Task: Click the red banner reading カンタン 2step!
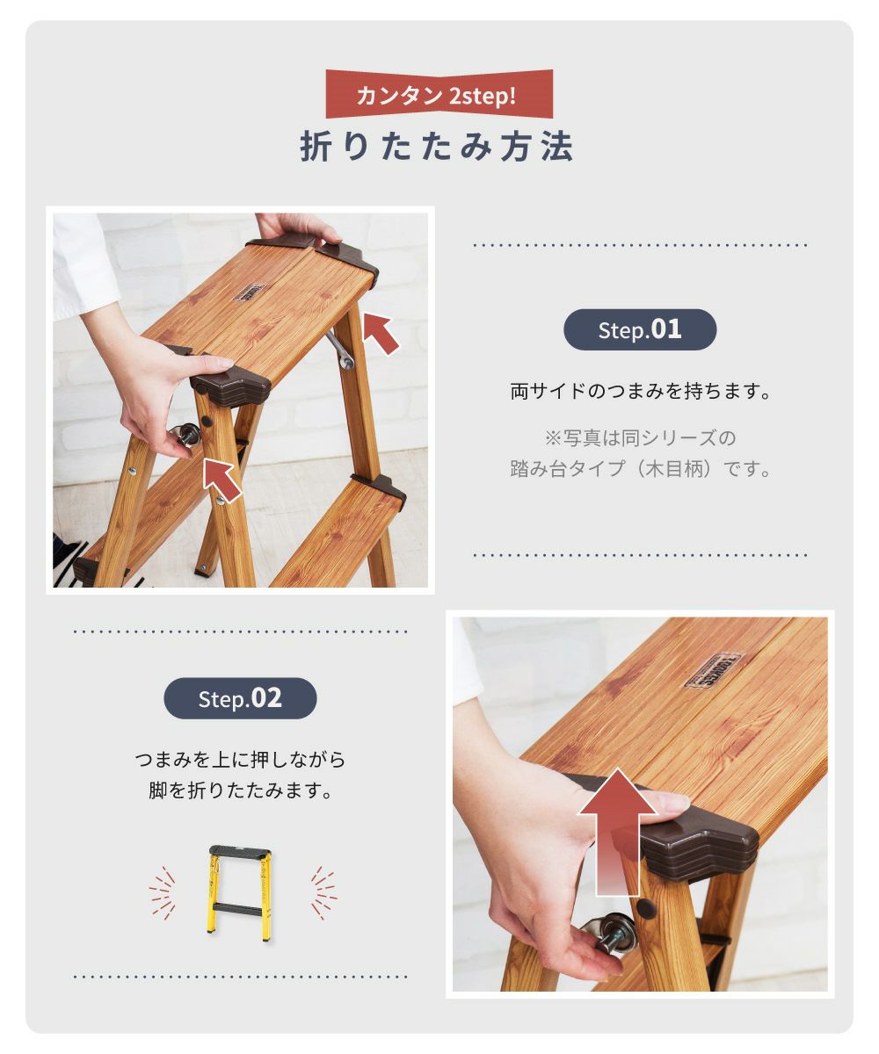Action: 439,94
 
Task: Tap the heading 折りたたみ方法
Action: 437,147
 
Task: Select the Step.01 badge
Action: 640,329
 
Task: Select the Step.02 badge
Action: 240,698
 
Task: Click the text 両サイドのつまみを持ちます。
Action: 640,391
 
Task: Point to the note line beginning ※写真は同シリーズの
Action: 640,437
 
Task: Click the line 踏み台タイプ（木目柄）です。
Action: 640,469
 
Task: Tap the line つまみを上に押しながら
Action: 240,759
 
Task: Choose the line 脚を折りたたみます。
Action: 240,790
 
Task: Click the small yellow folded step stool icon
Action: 241,893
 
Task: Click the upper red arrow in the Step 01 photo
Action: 380,333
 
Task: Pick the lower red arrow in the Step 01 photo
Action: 222,480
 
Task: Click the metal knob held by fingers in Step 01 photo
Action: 187,434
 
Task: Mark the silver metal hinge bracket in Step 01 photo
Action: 340,350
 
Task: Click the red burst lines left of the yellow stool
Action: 162,893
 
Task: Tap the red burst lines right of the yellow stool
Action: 323,893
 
